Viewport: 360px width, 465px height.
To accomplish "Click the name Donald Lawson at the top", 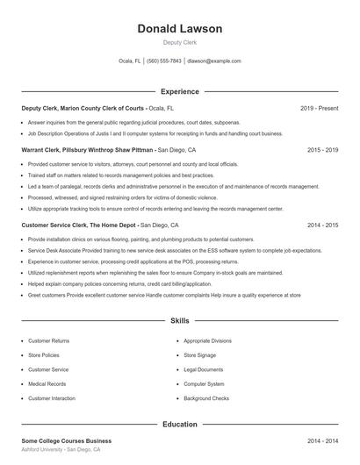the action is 180,29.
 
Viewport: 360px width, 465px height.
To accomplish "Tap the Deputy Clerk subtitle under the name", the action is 180,43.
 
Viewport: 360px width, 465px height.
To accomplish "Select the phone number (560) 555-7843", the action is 164,61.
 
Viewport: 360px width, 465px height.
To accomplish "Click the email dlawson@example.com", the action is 214,61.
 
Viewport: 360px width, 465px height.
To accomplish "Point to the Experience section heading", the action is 180,91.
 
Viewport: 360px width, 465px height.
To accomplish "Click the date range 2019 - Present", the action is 319,108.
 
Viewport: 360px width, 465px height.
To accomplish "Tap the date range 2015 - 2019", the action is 322,150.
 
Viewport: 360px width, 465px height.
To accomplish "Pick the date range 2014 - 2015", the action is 322,225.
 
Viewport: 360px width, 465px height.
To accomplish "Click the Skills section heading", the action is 180,322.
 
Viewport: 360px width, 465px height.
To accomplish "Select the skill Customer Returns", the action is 48,340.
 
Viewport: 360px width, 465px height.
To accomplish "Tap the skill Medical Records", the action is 47,383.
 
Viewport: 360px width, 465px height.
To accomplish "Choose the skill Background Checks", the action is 206,398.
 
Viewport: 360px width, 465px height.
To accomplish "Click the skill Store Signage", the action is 201,355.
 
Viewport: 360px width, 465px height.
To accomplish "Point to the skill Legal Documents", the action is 204,369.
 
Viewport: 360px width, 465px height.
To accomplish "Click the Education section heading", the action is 180,424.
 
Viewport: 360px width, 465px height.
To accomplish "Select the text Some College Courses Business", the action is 67,440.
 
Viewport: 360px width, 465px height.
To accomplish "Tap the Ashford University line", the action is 61,449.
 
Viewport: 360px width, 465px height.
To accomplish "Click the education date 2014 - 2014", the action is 322,440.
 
